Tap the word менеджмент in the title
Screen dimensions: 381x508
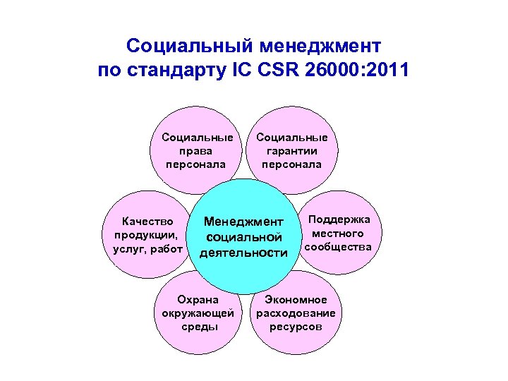click(321, 47)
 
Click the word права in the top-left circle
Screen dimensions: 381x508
click(196, 151)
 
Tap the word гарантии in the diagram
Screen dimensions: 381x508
click(291, 151)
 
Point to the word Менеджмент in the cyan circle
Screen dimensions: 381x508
click(243, 223)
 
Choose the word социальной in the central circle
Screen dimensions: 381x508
click(243, 238)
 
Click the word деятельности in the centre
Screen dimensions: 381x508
click(243, 253)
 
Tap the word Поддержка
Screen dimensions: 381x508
click(339, 219)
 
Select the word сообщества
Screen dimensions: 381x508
click(338, 247)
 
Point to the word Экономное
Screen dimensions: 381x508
click(296, 299)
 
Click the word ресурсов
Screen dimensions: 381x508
click(296, 327)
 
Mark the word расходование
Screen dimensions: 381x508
click(296, 313)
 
